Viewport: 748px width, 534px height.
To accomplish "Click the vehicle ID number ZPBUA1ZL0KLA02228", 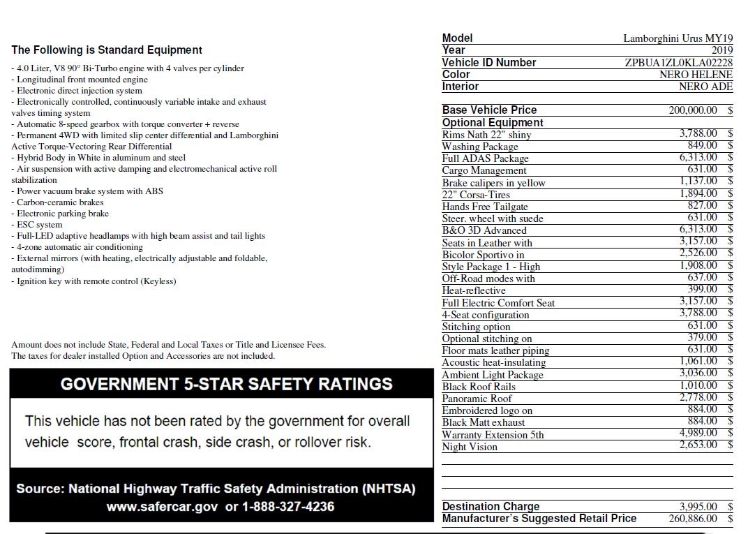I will pos(678,63).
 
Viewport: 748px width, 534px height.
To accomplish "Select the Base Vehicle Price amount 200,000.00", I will pos(692,110).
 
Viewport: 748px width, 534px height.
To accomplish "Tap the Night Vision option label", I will pos(470,447).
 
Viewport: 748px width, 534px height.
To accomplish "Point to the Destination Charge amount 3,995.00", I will pos(698,507).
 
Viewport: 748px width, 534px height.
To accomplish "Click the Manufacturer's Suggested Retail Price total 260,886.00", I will pos(692,519).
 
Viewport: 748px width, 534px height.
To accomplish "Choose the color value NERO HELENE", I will pos(696,75).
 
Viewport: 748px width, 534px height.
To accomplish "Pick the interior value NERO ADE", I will pos(705,87).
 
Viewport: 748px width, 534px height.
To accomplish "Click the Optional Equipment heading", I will pos(493,123).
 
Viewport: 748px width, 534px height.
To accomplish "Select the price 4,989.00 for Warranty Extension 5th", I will pos(698,433).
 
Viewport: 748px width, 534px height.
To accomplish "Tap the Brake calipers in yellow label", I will pos(493,183).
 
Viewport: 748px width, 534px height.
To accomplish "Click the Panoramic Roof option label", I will pos(477,399).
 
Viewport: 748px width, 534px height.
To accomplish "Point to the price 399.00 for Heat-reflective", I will pos(702,289).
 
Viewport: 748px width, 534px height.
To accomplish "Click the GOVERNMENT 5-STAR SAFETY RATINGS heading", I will pos(226,384).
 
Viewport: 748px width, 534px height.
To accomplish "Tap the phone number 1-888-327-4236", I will pos(287,507).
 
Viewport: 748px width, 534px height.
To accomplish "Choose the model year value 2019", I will pos(721,50).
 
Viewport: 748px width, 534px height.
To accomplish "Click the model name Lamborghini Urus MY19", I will pos(678,38).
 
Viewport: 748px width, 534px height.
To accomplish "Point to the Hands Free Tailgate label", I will pos(485,207).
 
